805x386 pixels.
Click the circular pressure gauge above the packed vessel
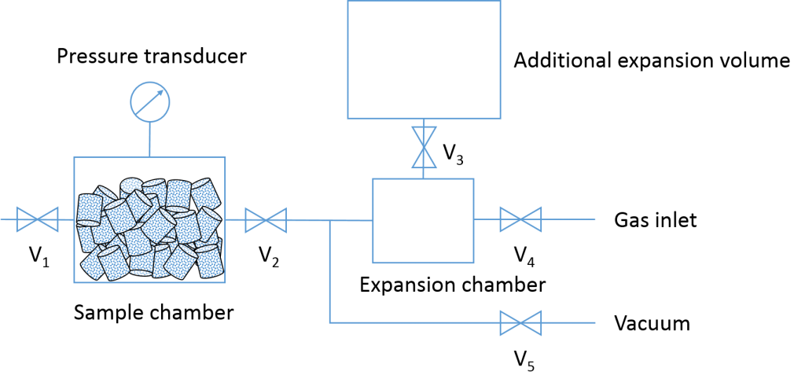(x=150, y=101)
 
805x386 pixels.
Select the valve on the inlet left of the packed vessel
(x=38, y=219)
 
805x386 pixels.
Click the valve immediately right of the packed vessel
(x=266, y=219)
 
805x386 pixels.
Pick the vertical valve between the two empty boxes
(x=425, y=147)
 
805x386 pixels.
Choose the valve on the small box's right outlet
(x=520, y=219)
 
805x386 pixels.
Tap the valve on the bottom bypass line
(x=520, y=322)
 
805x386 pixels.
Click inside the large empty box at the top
(x=424, y=59)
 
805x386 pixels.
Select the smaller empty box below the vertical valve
(x=423, y=220)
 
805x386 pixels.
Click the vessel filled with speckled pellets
(x=149, y=219)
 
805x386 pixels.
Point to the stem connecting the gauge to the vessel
(x=150, y=139)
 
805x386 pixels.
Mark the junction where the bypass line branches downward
(x=330, y=220)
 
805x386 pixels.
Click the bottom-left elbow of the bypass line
(x=330, y=322)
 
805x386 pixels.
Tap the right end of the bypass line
(x=594, y=322)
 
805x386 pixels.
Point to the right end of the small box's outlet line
(x=594, y=219)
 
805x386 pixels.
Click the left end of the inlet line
(x=2, y=219)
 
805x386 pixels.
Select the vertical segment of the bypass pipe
(x=330, y=271)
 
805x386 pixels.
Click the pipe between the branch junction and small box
(x=351, y=220)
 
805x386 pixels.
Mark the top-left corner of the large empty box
(x=348, y=2)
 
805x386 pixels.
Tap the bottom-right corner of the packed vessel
(x=225, y=282)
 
